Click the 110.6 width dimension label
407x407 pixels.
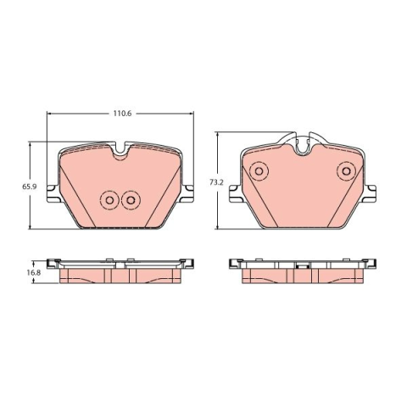123,114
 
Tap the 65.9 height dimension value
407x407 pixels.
30,187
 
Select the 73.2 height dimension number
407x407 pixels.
216,182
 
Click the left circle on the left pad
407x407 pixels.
109,200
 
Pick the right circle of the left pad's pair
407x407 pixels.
131,200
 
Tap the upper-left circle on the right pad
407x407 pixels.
259,170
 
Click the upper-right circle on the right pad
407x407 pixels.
347,170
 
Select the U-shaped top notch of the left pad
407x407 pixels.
120,153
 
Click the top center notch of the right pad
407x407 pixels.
303,149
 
